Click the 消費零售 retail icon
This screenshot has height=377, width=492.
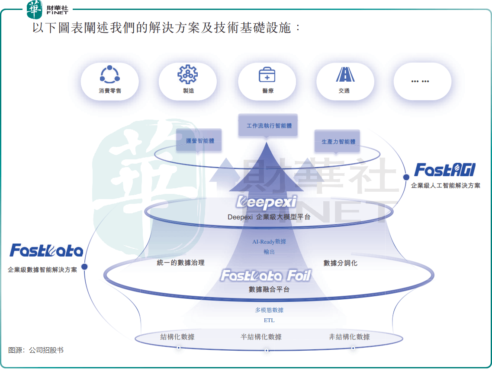point(109,74)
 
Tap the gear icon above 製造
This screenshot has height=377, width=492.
point(187,74)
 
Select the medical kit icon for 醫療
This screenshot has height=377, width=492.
point(267,74)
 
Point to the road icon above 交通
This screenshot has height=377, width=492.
point(345,74)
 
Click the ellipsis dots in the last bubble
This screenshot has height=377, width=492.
point(420,81)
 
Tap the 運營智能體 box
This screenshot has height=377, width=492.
point(199,140)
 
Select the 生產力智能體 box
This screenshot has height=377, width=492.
point(338,141)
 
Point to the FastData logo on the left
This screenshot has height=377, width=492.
point(46,250)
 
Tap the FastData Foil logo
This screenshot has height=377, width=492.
point(266,276)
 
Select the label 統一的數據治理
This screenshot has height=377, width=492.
point(180,263)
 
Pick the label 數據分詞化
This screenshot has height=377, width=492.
point(341,263)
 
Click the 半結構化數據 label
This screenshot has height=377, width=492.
point(261,337)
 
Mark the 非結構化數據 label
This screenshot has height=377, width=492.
point(349,337)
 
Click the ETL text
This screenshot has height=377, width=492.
point(269,320)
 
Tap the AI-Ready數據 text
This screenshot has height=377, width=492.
point(269,242)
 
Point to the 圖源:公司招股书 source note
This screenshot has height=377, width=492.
point(36,350)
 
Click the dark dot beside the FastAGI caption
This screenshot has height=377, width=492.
point(406,177)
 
